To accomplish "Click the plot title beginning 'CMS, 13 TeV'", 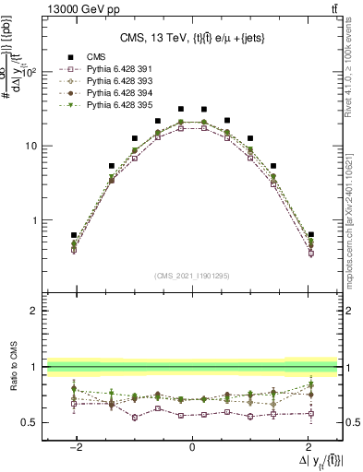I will pyautogui.click(x=192, y=38).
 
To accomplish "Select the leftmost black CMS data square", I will pyautogui.click(x=74, y=235).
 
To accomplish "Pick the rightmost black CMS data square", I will pyautogui.click(x=311, y=235).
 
